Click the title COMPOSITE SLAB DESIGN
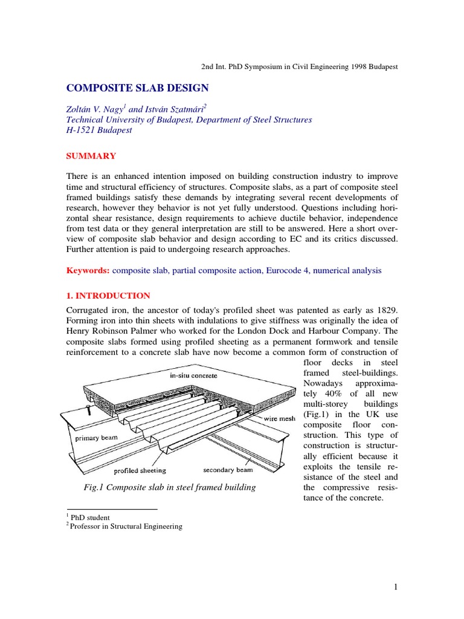(x=137, y=88)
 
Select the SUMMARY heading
(x=91, y=156)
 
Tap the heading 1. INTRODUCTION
(x=108, y=296)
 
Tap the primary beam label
(x=96, y=436)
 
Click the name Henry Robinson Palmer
(x=114, y=331)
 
